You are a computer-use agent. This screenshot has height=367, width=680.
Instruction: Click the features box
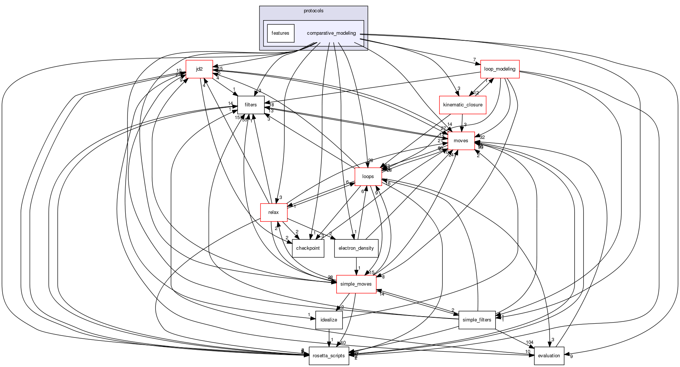coord(280,33)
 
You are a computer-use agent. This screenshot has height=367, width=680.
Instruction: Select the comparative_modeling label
coord(331,33)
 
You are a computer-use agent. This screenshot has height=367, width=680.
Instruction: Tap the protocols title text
coord(313,11)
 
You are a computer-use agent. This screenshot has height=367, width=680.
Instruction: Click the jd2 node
coord(199,69)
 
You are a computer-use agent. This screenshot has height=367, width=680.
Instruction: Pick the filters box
coord(251,105)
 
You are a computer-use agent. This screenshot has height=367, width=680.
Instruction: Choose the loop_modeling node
coord(500,69)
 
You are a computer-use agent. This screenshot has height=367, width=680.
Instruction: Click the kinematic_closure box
coord(462,105)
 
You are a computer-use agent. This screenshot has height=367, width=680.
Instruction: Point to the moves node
coord(461,141)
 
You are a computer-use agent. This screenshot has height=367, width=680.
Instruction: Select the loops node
coord(368,177)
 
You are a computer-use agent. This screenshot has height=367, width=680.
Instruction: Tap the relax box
coord(274,212)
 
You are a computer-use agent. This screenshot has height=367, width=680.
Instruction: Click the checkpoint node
coord(308,248)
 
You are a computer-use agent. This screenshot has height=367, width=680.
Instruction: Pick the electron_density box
coord(356,248)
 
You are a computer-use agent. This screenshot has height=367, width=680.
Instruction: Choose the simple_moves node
coord(356,284)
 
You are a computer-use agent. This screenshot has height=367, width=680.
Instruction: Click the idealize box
coord(329,320)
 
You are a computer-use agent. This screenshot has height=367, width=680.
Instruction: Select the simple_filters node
coord(477,320)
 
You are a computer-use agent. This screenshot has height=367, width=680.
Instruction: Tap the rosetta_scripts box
coord(329,356)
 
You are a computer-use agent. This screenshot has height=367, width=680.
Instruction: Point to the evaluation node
coord(549,356)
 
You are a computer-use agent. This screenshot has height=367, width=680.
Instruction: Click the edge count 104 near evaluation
coord(529,342)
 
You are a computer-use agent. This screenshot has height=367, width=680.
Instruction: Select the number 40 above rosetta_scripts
coord(343,343)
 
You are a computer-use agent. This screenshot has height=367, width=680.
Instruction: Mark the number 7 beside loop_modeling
coord(475,60)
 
